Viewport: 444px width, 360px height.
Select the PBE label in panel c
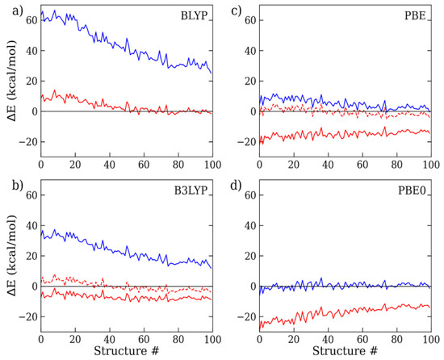tap(413, 16)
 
